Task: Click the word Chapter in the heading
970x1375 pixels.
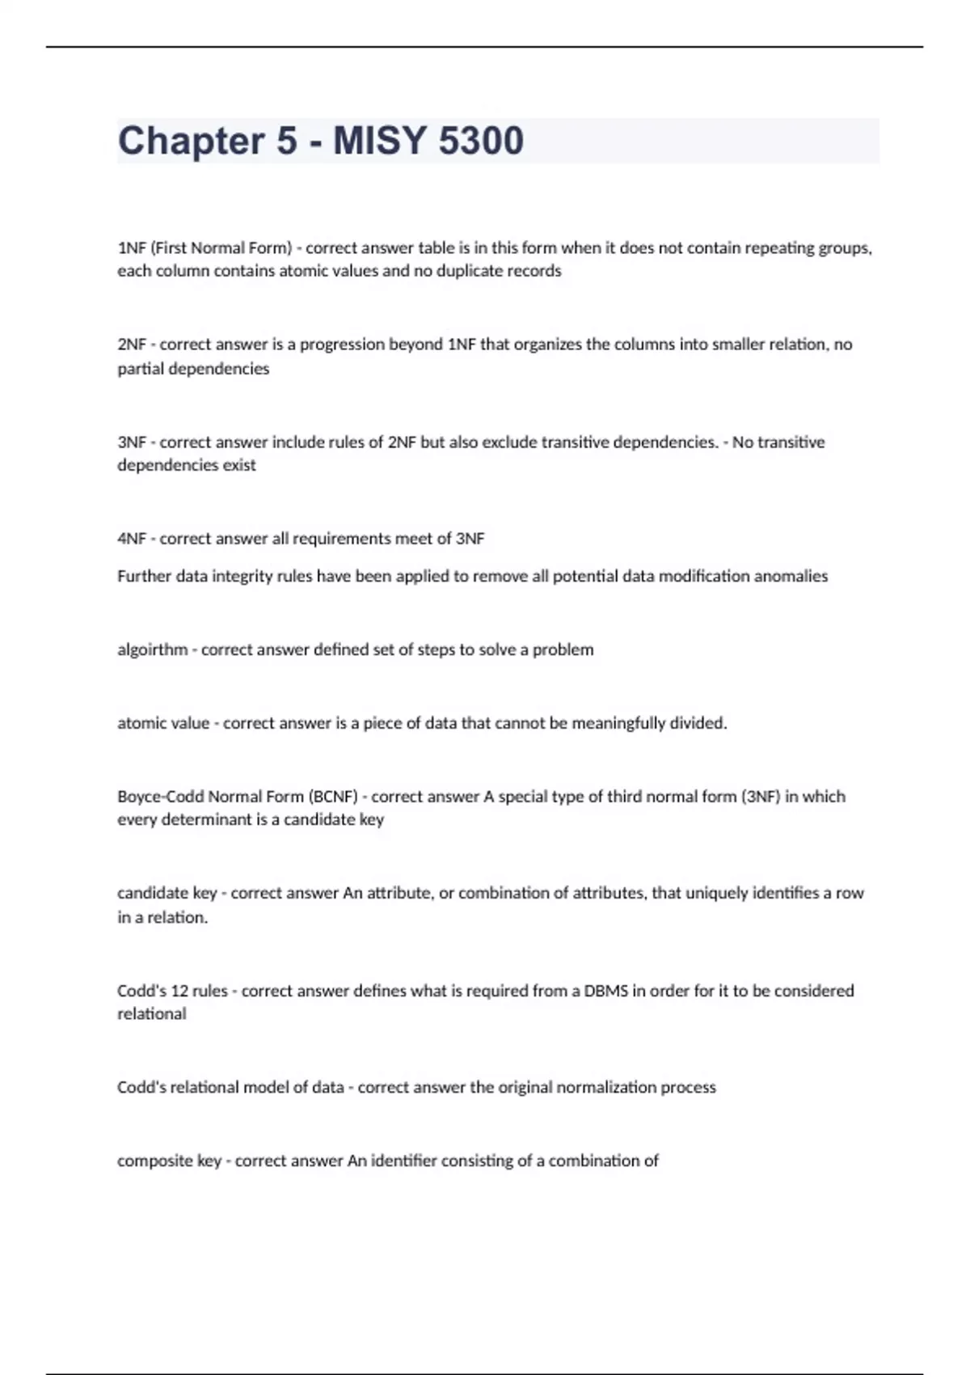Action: tap(191, 141)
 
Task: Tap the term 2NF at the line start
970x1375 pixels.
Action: tap(131, 345)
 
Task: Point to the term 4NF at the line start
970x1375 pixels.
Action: tap(131, 539)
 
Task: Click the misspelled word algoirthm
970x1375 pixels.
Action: tap(152, 649)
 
